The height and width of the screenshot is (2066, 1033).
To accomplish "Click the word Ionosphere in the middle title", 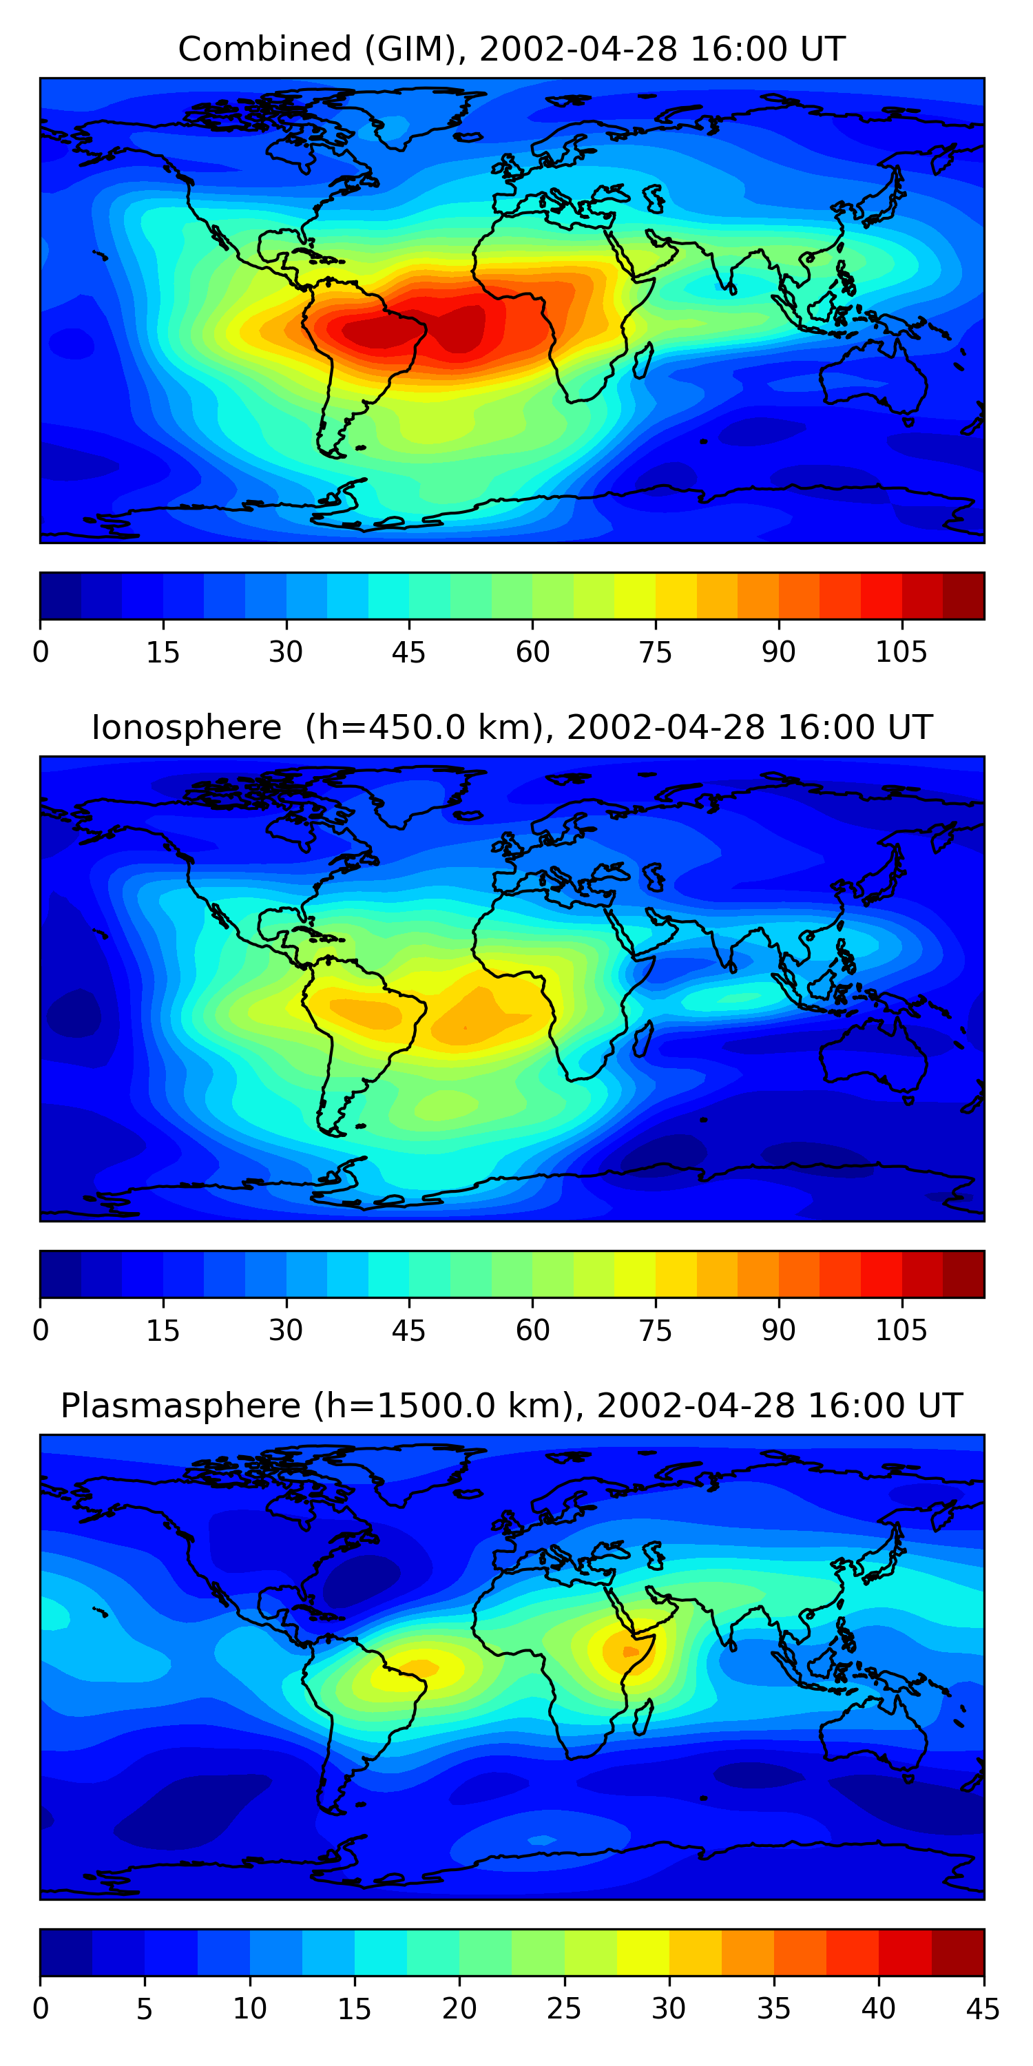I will pos(186,727).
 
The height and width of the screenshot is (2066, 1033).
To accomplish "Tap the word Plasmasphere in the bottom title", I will pos(180,1406).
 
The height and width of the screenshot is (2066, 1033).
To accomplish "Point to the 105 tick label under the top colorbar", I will pos(901,652).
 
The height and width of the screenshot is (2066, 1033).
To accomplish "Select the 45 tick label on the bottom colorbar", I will pos(983,2009).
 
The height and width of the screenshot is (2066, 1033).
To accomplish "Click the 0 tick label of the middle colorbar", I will pos(41,1331).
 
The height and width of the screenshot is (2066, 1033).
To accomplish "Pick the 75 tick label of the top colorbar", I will pos(655,652).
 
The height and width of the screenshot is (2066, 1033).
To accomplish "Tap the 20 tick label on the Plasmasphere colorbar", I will pos(459,2009).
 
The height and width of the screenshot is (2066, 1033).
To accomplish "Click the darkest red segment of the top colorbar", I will pos(963,596).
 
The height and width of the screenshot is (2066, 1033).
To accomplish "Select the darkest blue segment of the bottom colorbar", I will pos(65,1953).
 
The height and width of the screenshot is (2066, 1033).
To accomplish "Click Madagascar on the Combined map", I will pos(643,361).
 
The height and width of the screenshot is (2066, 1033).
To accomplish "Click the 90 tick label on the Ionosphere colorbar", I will pos(778,1331).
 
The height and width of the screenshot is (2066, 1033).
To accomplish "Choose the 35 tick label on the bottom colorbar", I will pos(773,2009).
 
